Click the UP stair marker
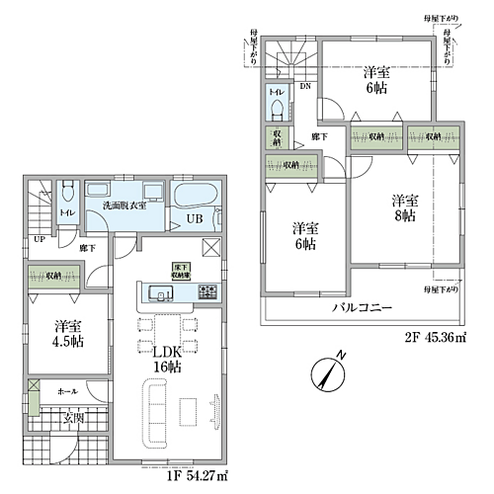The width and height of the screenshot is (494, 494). click(39, 239)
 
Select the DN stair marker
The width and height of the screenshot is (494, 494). click(306, 87)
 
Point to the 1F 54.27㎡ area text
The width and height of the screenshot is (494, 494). click(197, 476)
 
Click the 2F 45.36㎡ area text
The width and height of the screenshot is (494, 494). click(436, 337)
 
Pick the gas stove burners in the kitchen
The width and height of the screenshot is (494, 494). click(209, 291)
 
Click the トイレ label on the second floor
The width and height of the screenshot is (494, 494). click(275, 92)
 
